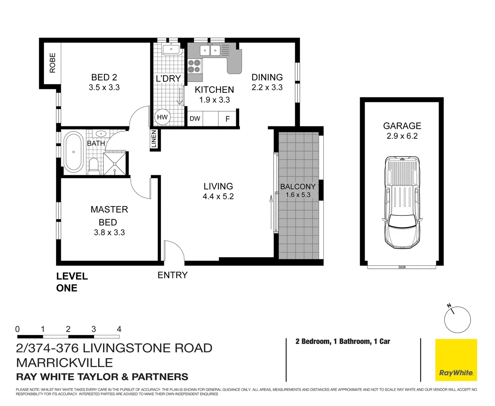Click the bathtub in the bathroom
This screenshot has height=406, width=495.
[73, 152]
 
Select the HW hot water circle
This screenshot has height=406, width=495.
[162, 117]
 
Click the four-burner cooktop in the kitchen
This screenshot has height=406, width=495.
[194, 66]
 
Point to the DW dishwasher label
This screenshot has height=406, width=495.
[195, 119]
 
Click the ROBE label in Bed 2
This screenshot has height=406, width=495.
[52, 63]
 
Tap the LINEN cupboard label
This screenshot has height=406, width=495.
[154, 139]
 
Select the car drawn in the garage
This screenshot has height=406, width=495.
[402, 202]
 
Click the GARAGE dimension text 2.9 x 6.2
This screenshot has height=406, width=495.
[402, 136]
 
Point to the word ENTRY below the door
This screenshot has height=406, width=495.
[173, 275]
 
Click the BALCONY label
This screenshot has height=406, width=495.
[298, 186]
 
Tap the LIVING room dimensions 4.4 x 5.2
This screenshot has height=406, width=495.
[218, 197]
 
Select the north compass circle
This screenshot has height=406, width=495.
[457, 320]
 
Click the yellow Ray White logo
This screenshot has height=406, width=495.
[456, 360]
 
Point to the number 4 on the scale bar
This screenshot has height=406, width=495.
[119, 329]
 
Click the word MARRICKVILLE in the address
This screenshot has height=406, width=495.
[64, 363]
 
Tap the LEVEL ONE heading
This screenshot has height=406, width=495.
[72, 282]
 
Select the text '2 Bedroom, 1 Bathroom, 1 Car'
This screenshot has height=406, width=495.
[343, 341]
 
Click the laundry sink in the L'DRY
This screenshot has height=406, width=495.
[171, 49]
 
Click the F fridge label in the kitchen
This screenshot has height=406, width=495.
[227, 119]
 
